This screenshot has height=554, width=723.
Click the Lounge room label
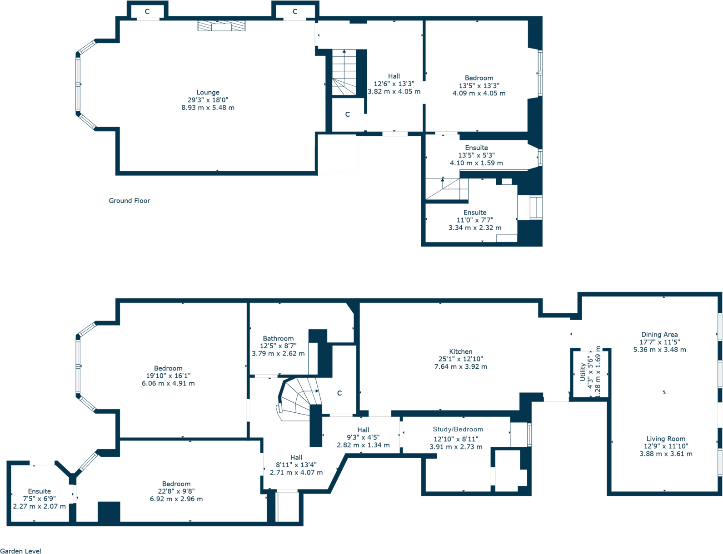click(x=208, y=92)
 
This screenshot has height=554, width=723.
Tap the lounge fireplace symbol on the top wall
click(x=221, y=26)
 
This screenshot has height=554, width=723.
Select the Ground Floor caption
click(x=129, y=201)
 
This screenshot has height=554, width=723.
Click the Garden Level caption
click(x=20, y=551)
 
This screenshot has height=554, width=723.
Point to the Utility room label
click(x=583, y=372)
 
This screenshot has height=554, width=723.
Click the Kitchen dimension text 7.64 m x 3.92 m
click(x=460, y=366)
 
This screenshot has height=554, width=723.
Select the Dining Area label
click(x=659, y=335)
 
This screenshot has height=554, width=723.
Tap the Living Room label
click(x=666, y=439)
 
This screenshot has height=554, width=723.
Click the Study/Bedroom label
click(x=458, y=429)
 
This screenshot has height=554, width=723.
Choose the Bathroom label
click(x=278, y=338)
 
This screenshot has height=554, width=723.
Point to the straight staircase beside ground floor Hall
click(x=344, y=73)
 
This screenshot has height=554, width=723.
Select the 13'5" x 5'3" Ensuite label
click(x=476, y=148)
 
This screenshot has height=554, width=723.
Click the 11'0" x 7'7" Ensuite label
click(x=475, y=213)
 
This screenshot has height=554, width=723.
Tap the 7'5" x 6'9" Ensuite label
click(x=40, y=491)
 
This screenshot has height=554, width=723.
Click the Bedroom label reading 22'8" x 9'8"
click(x=176, y=484)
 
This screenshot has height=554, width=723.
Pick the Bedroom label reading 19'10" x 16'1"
click(x=168, y=368)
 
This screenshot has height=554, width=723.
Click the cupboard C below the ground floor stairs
click(x=348, y=114)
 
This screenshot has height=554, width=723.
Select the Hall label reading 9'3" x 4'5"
click(x=363, y=430)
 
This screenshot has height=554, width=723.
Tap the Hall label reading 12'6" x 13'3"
click(x=394, y=76)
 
